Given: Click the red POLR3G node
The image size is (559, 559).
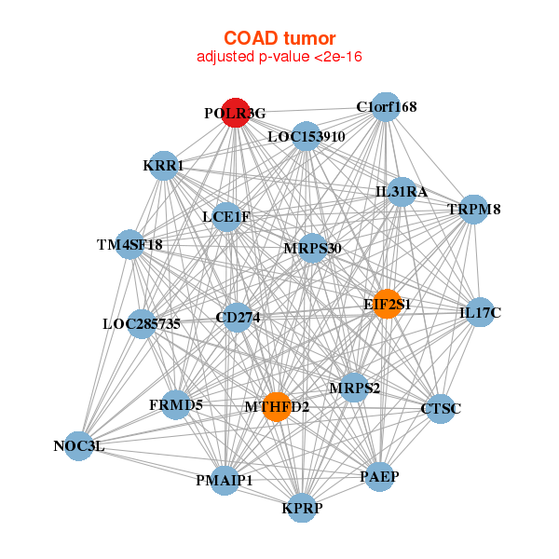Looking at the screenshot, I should [x=236, y=113].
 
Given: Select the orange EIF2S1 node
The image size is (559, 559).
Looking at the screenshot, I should [x=387, y=304].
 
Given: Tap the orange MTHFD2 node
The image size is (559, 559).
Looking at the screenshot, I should [x=277, y=406].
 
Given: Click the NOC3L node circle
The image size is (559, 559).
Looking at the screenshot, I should [x=79, y=445].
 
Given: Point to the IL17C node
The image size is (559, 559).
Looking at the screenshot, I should [x=480, y=312].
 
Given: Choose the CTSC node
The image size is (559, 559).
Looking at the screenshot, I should [x=441, y=408].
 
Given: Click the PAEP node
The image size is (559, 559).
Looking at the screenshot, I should [x=379, y=477].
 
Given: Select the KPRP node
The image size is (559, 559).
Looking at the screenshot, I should [x=301, y=508].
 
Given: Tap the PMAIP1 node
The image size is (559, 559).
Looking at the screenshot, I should [x=225, y=480].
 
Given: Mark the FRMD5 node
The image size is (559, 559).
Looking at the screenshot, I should [x=176, y=404].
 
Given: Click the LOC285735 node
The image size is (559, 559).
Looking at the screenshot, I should [x=142, y=324].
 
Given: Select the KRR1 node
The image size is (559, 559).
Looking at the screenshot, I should [x=164, y=166].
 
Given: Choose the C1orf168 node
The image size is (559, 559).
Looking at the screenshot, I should [x=387, y=107].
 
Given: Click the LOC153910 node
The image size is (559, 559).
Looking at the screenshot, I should [x=307, y=137].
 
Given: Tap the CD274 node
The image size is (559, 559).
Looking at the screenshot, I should [x=238, y=318].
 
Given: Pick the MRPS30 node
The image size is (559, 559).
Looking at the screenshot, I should [x=312, y=248].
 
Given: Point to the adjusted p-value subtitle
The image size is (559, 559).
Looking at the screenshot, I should [x=279, y=58].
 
